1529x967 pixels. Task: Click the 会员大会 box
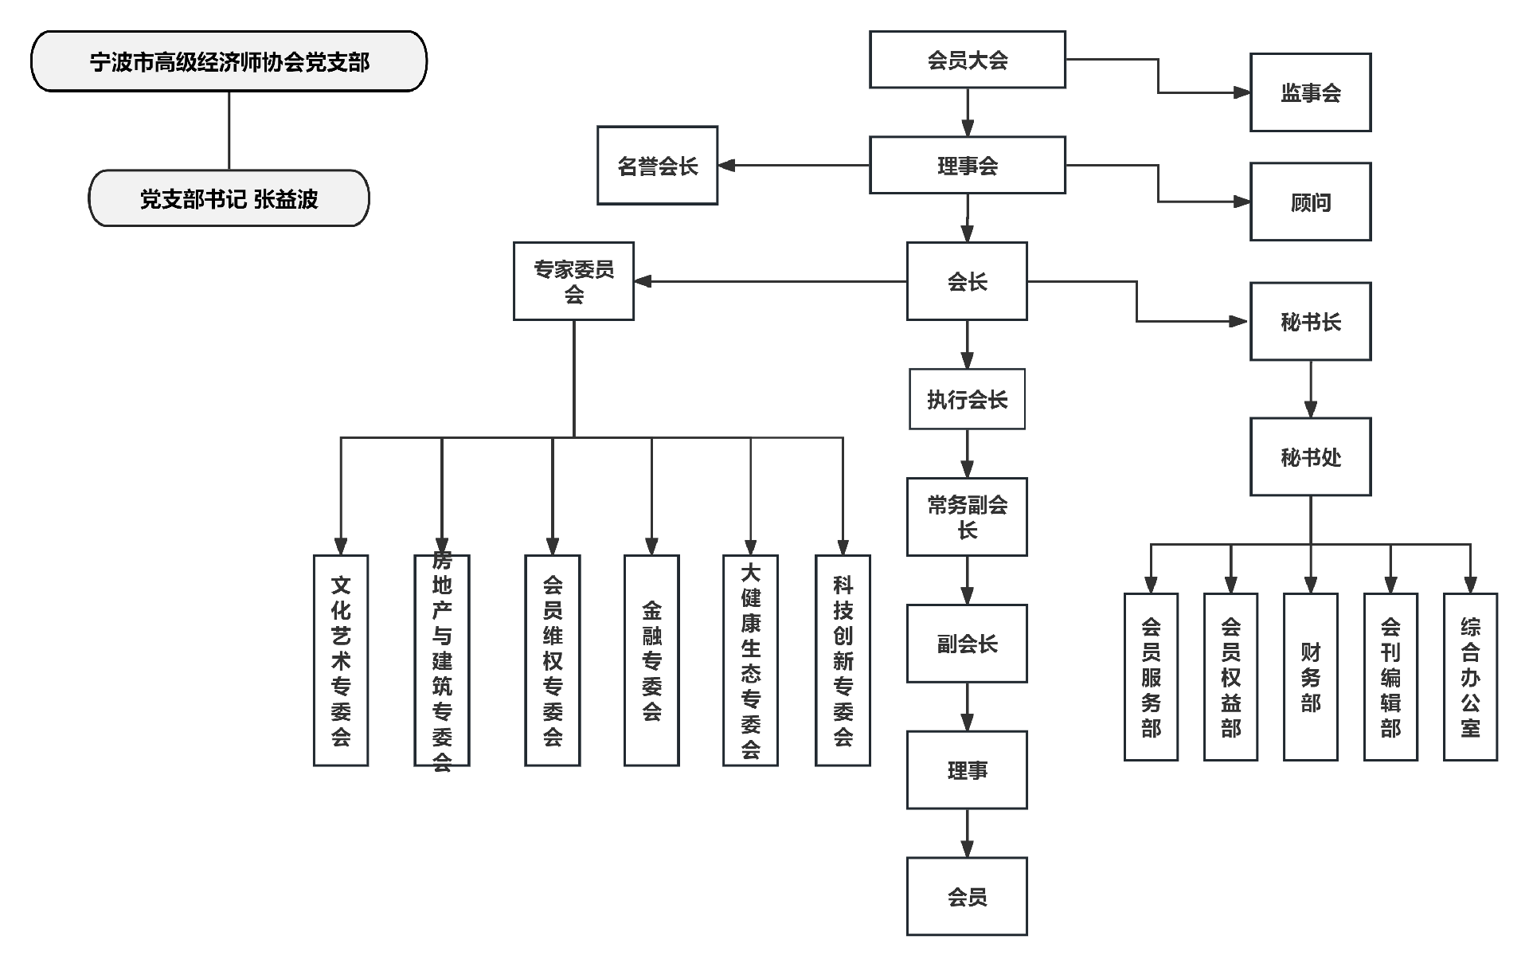[x=967, y=60]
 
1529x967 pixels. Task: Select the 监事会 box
[x=1310, y=92]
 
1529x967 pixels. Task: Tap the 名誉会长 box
[x=657, y=166]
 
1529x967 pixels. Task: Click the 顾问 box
[x=1310, y=202]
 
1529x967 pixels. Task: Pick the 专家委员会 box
[x=573, y=281]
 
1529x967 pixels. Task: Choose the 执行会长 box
[x=967, y=399]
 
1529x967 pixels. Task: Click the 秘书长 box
[x=1310, y=321]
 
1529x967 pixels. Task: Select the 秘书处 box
[x=1310, y=456]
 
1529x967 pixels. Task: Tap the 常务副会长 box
[x=967, y=517]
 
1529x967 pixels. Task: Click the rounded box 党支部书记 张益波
[x=229, y=198]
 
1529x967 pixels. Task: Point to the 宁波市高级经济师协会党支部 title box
[x=229, y=61]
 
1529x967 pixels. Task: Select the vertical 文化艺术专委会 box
[x=341, y=660]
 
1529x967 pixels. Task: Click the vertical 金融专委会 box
[x=651, y=660]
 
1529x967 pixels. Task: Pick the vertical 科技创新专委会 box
[x=843, y=660]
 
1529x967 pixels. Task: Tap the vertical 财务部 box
[x=1310, y=677]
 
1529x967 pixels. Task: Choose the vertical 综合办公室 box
[x=1470, y=677]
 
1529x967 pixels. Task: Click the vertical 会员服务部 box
[x=1151, y=677]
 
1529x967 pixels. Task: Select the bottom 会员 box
[x=967, y=896]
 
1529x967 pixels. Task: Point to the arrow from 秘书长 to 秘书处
[x=1311, y=389]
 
